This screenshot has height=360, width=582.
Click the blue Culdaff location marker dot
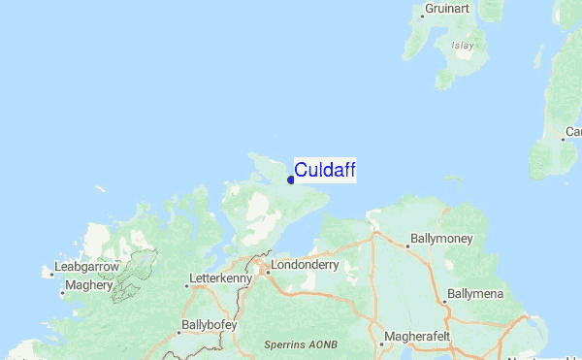tap(291, 180)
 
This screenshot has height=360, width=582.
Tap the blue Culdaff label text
tap(325, 171)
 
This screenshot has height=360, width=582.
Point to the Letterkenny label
tap(222, 278)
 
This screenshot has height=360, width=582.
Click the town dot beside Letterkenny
tap(187, 285)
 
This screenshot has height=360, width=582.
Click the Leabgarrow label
tap(88, 266)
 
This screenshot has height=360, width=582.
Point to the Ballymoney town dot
tap(407, 245)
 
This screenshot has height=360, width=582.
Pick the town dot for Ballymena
tap(444, 302)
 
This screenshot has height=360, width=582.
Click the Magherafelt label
tap(417, 337)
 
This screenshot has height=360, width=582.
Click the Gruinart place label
tap(452, 10)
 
